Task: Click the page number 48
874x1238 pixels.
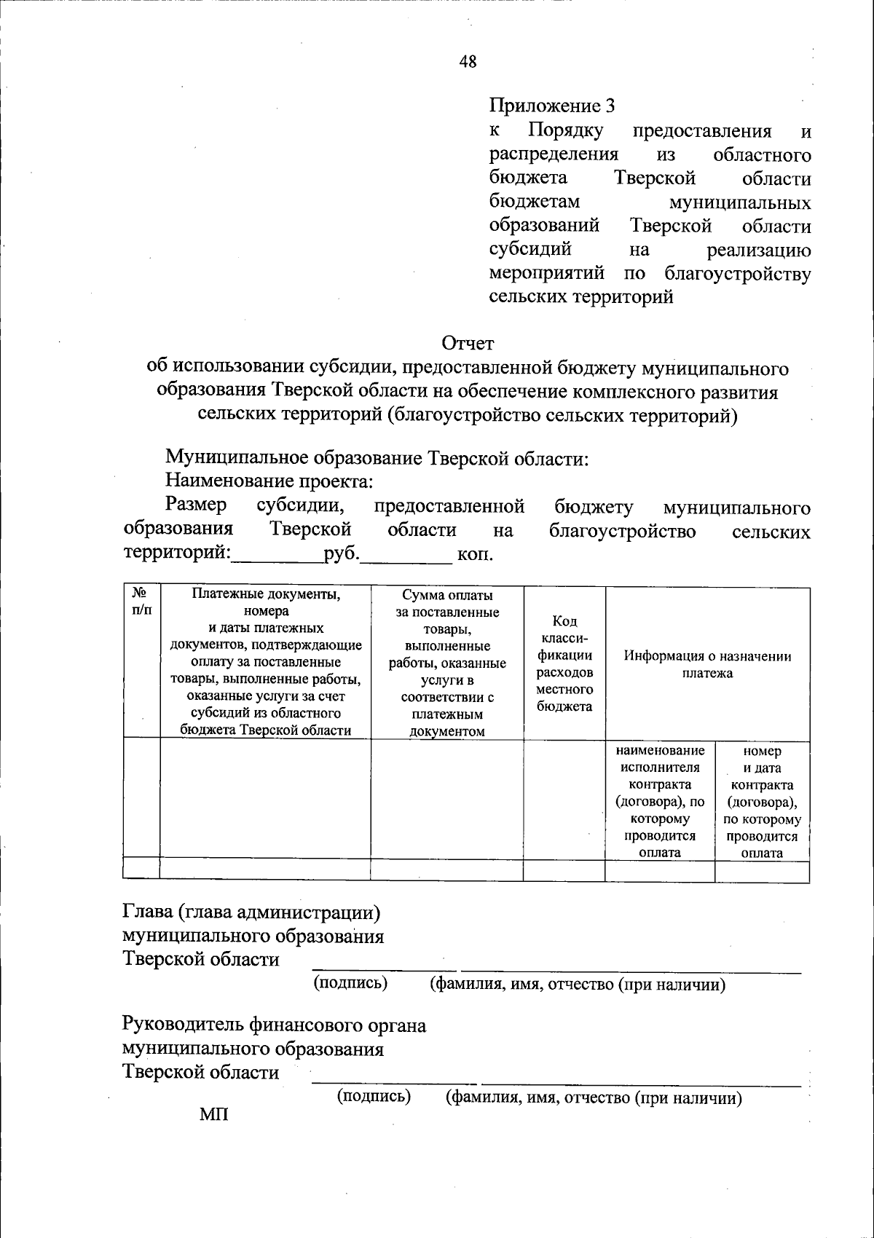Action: tap(468, 62)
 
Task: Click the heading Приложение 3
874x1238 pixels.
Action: tap(551, 106)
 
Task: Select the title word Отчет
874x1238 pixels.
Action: tap(468, 342)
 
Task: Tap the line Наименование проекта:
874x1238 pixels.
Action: tap(269, 481)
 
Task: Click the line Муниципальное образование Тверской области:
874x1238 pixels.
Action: tap(377, 458)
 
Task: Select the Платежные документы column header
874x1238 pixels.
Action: tap(266, 662)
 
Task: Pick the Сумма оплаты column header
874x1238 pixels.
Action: tap(447, 663)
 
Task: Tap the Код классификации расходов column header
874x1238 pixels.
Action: tap(564, 663)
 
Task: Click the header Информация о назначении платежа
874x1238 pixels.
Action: tap(707, 664)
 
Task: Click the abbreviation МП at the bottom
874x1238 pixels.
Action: tap(214, 1114)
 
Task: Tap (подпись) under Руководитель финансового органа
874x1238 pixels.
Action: tap(374, 1096)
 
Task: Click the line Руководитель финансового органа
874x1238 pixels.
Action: tap(274, 1025)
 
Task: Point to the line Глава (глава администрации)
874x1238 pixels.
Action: tap(251, 912)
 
